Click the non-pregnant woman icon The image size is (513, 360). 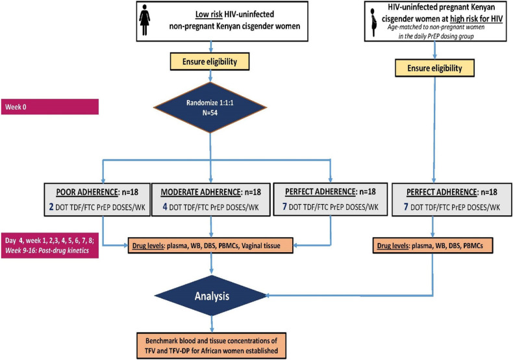pos(144,19)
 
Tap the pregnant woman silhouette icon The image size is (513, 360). pos(373,22)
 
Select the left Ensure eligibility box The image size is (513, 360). pos(210,62)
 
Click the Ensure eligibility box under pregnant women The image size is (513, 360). pos(434,68)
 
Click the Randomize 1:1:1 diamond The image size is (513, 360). pos(210,107)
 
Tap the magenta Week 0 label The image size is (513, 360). pos(50,107)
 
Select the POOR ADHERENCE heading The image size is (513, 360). pos(87,192)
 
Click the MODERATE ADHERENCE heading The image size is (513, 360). pos(201,192)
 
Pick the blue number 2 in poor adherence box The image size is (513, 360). pos(51,207)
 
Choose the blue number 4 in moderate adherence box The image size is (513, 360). pos(165,207)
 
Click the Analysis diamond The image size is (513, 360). pos(211,296)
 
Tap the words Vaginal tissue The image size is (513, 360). pos(261,246)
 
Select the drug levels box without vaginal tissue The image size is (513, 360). pos(432,246)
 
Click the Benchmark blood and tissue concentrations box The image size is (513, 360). pos(211,346)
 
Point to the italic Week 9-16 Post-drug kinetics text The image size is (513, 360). pos(47,251)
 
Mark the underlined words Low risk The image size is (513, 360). pos(209,14)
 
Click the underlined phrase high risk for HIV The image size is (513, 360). pos(476,19)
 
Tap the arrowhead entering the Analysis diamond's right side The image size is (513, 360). pos(267,296)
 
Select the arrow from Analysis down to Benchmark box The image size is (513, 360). pos(212,324)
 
